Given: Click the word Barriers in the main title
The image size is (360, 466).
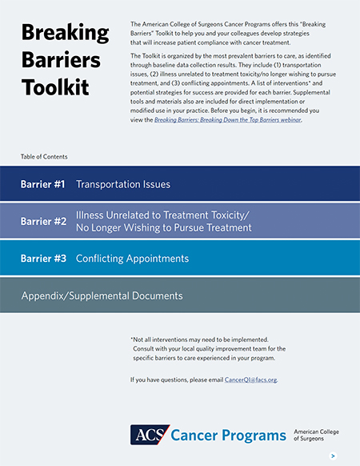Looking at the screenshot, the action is point(61,60).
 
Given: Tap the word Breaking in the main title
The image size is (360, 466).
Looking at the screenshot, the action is point(66,34).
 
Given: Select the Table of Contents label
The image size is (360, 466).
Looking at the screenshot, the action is point(45,156).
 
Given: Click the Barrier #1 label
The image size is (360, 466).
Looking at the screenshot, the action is point(43,184).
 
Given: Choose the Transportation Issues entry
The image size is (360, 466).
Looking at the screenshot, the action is point(122,184).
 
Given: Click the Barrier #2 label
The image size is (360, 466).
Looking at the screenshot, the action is point(43,222).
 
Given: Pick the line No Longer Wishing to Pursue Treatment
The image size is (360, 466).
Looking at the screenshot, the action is point(163,228).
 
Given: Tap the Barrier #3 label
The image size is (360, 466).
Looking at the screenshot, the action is point(43,259).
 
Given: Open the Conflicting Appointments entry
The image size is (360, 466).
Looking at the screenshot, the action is point(132,259).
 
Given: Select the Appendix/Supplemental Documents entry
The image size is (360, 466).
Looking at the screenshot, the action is point(102,295).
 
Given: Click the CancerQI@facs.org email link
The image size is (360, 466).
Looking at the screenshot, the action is point(250,379).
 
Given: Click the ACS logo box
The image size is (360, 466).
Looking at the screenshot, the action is point(150,435).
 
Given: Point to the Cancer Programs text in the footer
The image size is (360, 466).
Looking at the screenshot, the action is point(229,435).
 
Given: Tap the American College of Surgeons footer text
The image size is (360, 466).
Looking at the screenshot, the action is point(316,435).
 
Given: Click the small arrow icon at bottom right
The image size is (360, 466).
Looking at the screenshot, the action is point(333,456).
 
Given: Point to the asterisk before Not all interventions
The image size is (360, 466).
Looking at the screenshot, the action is point(131,339).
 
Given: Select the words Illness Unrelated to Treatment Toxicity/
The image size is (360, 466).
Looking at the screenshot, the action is point(162,215).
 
